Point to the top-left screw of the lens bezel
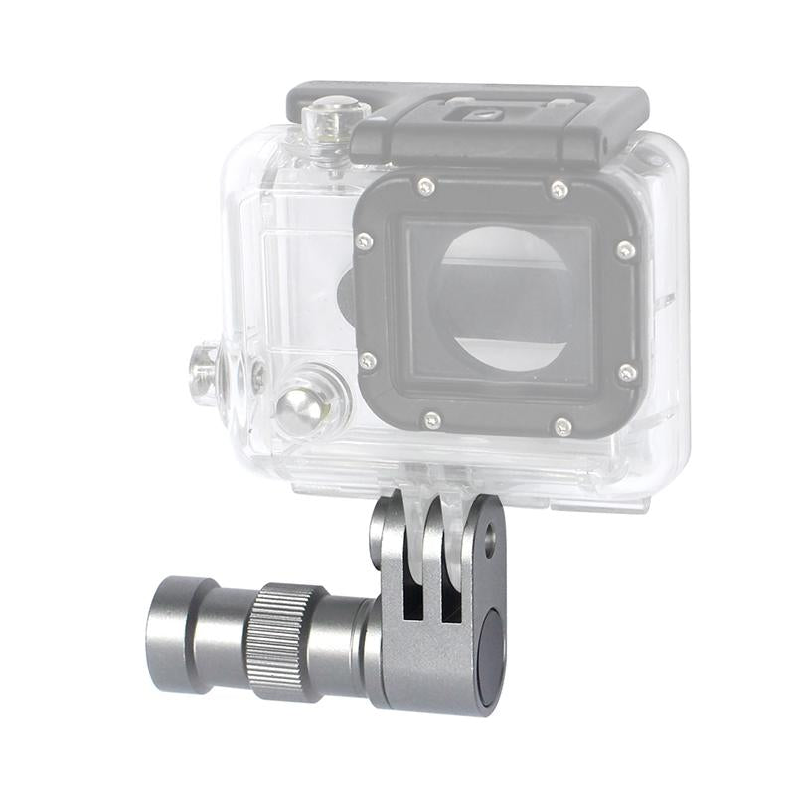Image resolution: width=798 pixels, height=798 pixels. click(425, 185)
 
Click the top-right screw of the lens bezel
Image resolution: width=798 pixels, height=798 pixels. click(559, 189)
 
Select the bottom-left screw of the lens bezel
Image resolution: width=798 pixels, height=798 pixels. click(431, 420)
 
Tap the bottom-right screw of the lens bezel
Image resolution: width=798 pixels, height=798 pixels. click(562, 427)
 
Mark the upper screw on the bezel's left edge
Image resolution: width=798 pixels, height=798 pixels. click(365, 241)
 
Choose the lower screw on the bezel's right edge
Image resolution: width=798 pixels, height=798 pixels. click(627, 373)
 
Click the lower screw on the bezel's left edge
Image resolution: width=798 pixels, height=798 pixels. click(367, 360)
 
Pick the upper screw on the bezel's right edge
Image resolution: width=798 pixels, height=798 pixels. click(625, 249)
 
